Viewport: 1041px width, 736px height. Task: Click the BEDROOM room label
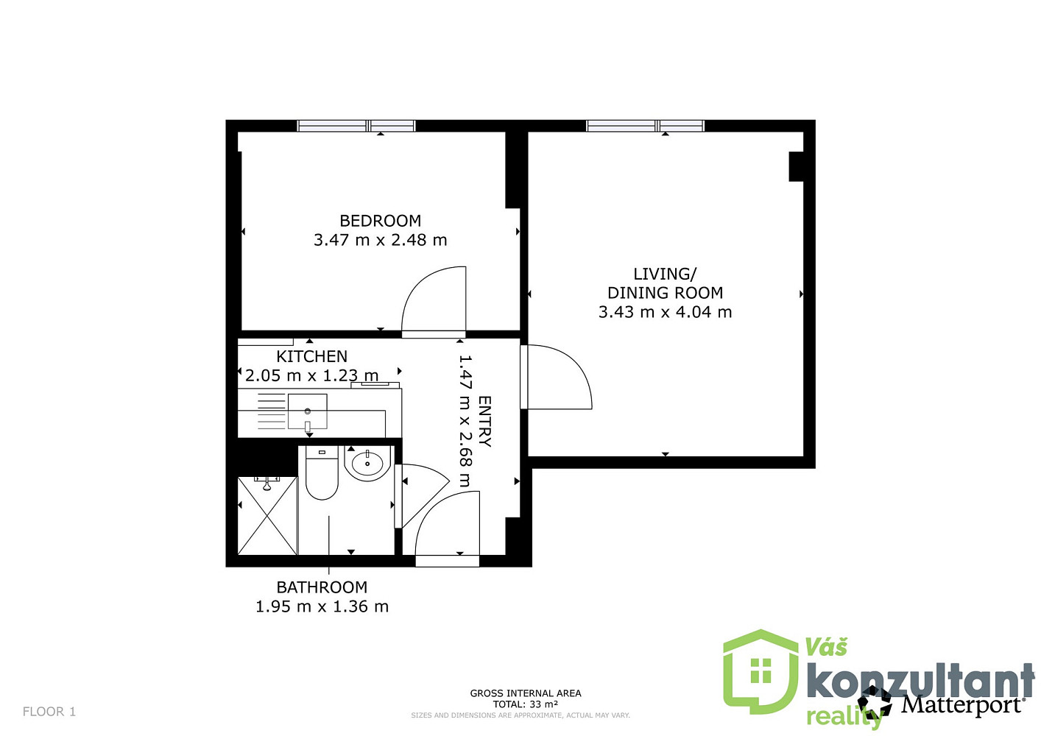(380, 221)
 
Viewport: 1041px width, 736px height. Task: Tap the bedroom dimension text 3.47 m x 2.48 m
(380, 240)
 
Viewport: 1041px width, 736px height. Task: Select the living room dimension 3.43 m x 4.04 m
(665, 312)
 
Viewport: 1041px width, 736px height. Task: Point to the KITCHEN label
(312, 356)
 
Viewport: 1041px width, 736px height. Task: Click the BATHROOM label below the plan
(322, 587)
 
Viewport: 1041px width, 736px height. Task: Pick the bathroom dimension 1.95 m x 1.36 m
(322, 606)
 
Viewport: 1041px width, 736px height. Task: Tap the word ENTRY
(484, 422)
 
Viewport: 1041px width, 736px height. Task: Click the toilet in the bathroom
(322, 473)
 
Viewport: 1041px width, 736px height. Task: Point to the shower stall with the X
(267, 516)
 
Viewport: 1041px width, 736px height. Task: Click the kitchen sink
(307, 411)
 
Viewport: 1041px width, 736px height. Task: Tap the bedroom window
(356, 125)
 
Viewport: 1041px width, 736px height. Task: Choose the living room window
(646, 125)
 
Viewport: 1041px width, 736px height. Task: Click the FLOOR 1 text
(49, 712)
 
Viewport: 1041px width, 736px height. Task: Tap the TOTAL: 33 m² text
(526, 704)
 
